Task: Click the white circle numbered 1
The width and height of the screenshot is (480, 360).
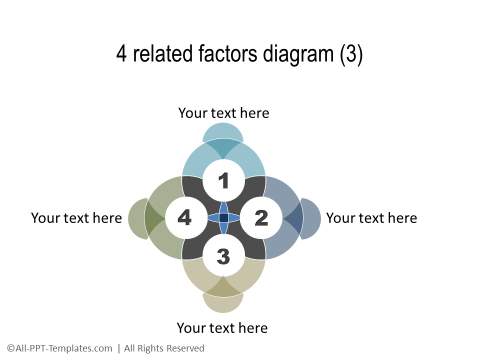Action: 223,181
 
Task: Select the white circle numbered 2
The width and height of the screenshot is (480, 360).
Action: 261,217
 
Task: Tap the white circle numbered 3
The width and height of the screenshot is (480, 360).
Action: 223,256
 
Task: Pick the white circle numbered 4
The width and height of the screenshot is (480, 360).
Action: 185,217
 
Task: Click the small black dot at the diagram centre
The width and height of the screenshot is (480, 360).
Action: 223,218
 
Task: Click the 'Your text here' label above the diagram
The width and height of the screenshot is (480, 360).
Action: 224,113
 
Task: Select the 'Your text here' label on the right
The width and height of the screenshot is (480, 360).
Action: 371,217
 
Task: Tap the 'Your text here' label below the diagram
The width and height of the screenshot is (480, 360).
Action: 222,327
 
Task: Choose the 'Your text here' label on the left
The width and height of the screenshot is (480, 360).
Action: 76,217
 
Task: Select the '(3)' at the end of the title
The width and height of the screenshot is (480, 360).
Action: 349,55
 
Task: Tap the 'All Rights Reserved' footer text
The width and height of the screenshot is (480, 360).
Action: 165,348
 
